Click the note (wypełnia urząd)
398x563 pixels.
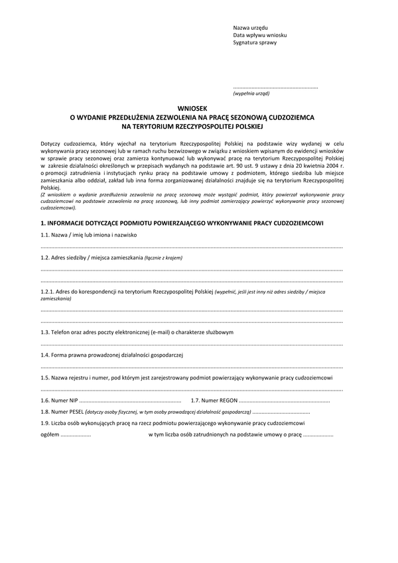point(251,94)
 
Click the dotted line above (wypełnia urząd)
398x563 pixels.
point(275,88)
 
